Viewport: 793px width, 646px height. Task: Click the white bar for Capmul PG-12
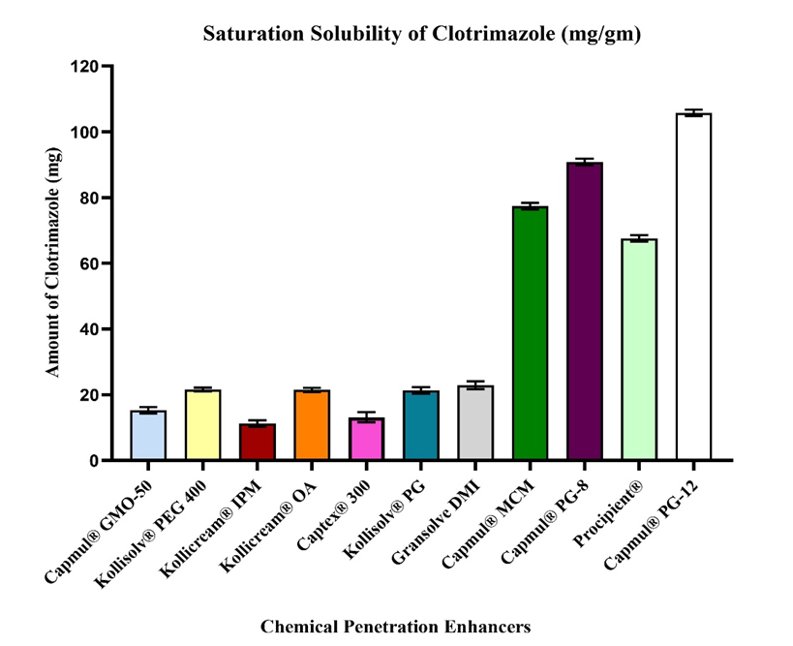pos(693,287)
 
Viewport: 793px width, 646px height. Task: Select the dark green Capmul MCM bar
pos(530,333)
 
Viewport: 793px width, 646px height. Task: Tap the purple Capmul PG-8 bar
pos(585,311)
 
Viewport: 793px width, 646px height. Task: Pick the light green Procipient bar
pos(639,349)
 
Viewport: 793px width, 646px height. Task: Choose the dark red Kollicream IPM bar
pos(258,442)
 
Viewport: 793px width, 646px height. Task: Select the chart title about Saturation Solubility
pos(422,35)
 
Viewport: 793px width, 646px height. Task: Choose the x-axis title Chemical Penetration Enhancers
pos(395,626)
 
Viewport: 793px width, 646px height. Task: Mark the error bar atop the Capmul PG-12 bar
pos(693,113)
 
